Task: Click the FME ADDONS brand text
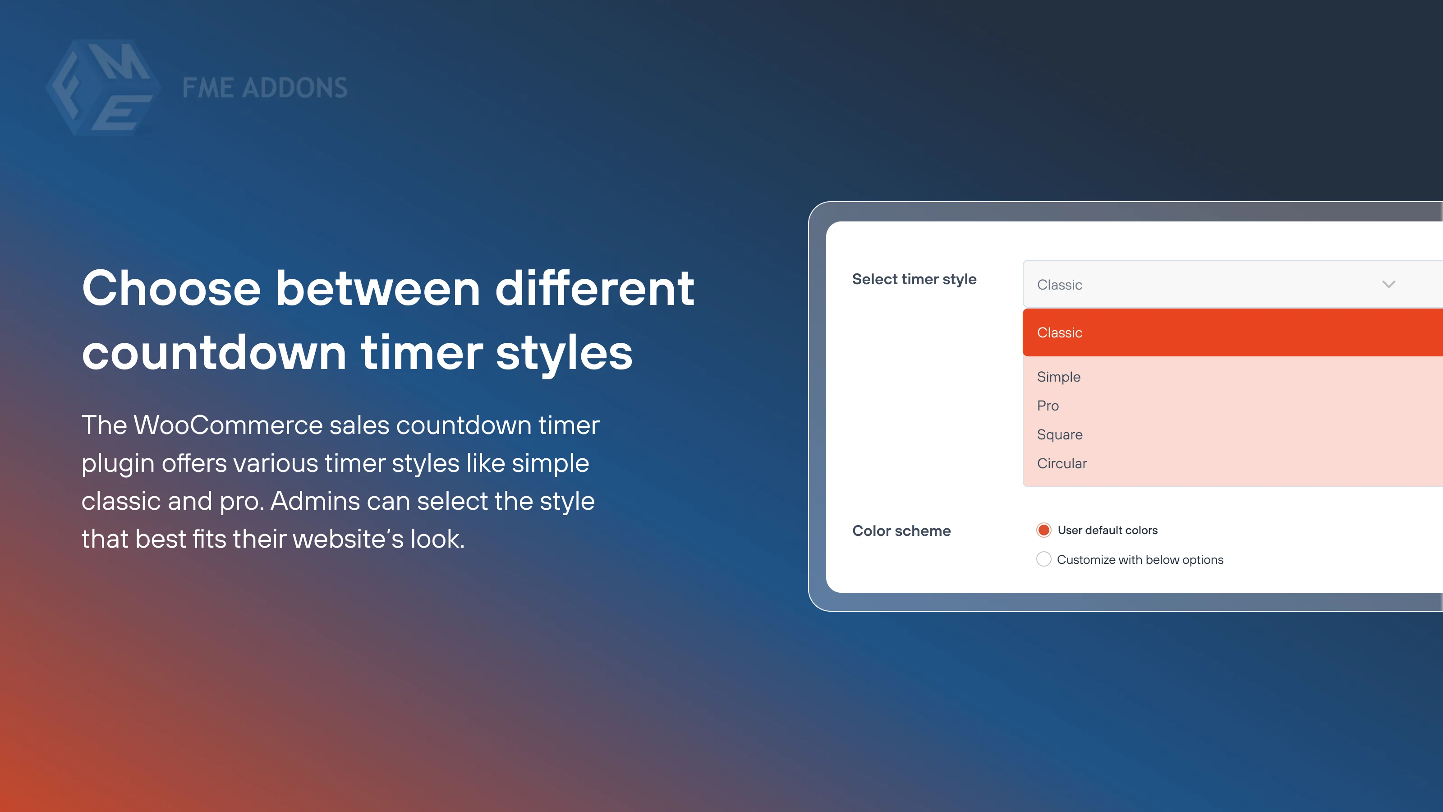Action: click(264, 88)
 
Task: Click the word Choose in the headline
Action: click(171, 289)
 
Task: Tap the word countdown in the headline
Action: click(214, 353)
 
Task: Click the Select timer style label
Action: click(914, 279)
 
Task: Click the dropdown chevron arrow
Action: click(1388, 284)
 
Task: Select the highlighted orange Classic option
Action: click(1059, 332)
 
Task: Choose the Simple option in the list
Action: click(1058, 377)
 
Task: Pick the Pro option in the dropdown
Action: click(1048, 406)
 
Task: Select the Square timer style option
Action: click(1059, 434)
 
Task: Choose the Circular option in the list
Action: click(1062, 463)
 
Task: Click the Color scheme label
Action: click(901, 531)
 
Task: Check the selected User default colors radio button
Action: click(1043, 530)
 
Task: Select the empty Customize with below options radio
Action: click(1043, 559)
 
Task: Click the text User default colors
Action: click(1107, 530)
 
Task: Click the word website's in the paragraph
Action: click(347, 539)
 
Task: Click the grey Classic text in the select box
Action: click(1059, 285)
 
